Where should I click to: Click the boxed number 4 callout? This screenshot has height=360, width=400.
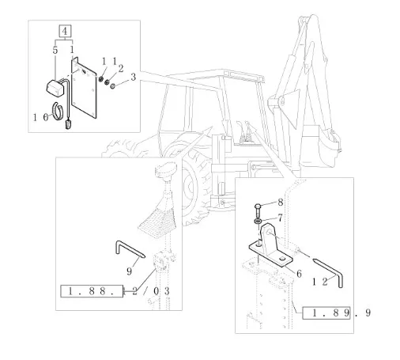coord(65,31)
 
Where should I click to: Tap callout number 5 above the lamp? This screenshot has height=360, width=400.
coord(55,50)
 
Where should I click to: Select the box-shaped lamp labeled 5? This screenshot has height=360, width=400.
coord(55,88)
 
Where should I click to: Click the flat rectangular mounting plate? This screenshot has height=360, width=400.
coord(84,89)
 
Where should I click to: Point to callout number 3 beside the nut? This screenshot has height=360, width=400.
coord(133,77)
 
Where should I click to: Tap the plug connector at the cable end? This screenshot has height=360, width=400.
coord(68,123)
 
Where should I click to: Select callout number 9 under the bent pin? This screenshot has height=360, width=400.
coord(129,271)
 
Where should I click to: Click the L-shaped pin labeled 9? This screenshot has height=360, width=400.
coord(130,250)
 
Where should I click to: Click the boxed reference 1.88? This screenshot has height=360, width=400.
coord(92,291)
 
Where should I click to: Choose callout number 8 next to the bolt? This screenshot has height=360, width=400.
coord(281,203)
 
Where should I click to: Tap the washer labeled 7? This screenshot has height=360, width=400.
coord(258,221)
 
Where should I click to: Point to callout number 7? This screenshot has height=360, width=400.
coord(280,218)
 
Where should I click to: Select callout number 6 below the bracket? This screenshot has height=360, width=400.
coord(299,274)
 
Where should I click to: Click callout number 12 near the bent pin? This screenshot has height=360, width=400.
coord(319,282)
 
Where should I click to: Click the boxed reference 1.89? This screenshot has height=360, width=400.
coord(326,313)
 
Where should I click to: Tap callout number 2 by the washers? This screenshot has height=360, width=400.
coord(121,69)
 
